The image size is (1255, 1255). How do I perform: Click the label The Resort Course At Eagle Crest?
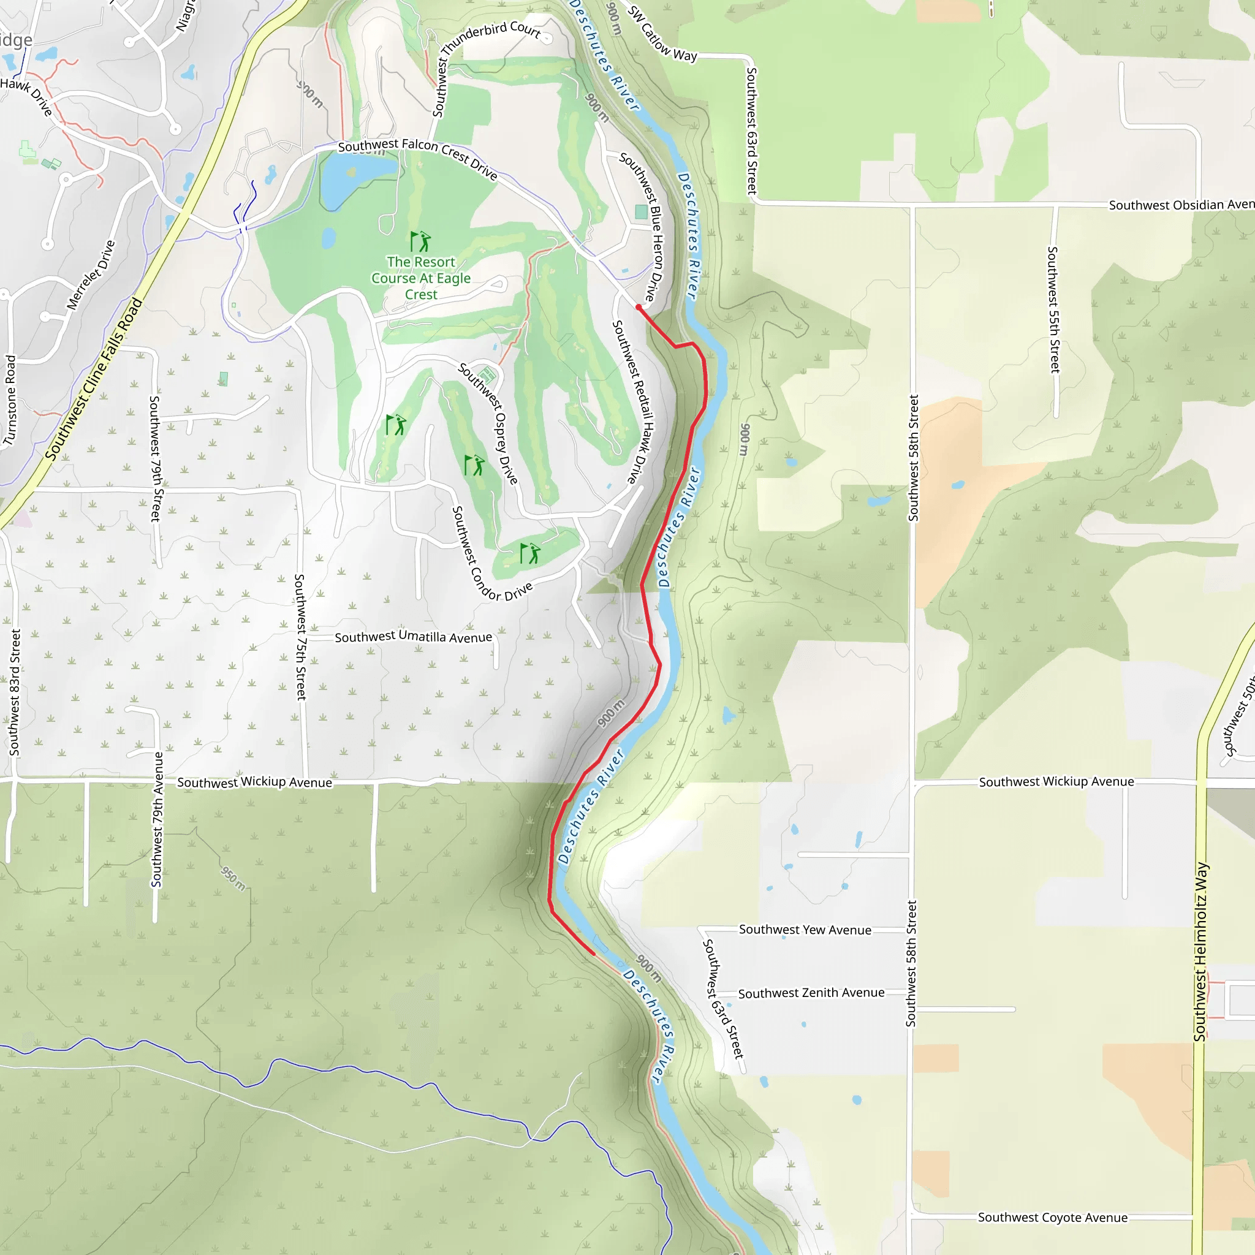click(421, 278)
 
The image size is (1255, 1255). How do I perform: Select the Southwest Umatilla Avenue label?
click(413, 637)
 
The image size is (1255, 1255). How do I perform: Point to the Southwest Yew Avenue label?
click(805, 930)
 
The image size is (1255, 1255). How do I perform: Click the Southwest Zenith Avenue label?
click(811, 993)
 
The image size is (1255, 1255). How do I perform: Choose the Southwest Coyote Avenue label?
click(1052, 1218)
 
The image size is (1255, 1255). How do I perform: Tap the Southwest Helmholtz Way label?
click(1200, 951)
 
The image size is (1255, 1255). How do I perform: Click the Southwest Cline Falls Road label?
click(94, 379)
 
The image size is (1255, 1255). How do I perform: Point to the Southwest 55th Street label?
click(1053, 309)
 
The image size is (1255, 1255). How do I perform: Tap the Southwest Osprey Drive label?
click(490, 423)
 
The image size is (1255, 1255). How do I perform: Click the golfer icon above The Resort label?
click(420, 241)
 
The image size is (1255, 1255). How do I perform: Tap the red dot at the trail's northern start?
click(639, 307)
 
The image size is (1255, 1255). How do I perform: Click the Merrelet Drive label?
click(91, 275)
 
